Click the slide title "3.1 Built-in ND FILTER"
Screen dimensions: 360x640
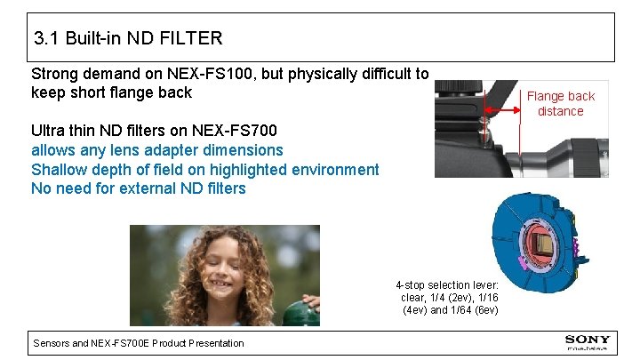click(128, 38)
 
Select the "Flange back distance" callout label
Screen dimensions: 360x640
click(560, 103)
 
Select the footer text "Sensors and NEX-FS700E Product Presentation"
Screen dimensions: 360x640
click(138, 343)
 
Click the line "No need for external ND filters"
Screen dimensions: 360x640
click(138, 188)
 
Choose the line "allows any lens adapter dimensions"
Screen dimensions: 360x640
click(156, 150)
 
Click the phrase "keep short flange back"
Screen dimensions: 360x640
click(111, 92)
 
